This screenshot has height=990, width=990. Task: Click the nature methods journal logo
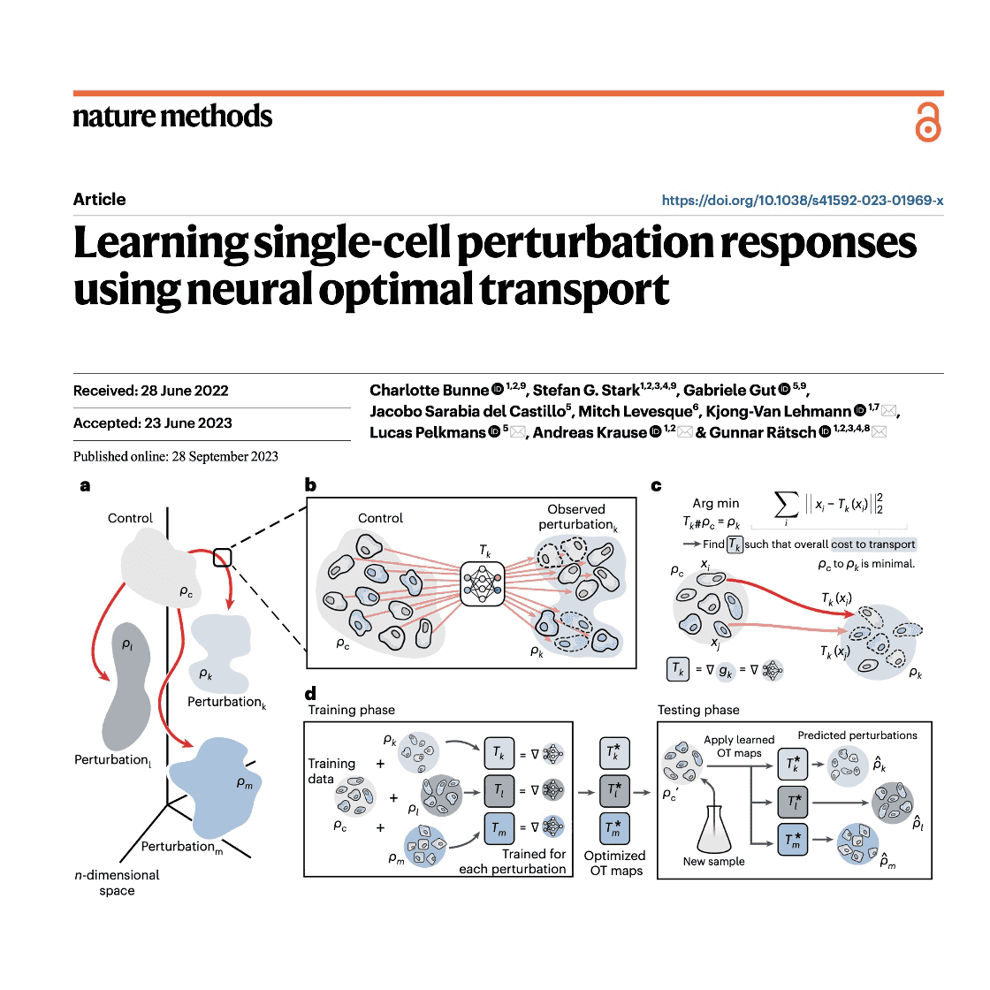[172, 117]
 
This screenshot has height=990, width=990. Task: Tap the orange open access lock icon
[927, 122]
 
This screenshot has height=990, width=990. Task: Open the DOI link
[802, 201]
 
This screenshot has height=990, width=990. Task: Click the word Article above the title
[99, 200]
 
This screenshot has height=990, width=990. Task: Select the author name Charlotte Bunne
[429, 391]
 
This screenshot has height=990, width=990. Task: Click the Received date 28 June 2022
[150, 391]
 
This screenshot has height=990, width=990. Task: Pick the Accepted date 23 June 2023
[152, 423]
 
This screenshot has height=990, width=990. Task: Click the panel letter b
[310, 484]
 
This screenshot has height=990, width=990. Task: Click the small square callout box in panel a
[222, 557]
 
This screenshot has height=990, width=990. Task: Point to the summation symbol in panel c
[786, 506]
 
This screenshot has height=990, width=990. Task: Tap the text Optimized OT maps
[614, 863]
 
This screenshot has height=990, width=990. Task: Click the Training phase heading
[351, 710]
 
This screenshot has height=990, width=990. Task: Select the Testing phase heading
[698, 710]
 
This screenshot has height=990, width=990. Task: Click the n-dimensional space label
[117, 882]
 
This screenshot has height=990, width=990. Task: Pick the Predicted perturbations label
[857, 735]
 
